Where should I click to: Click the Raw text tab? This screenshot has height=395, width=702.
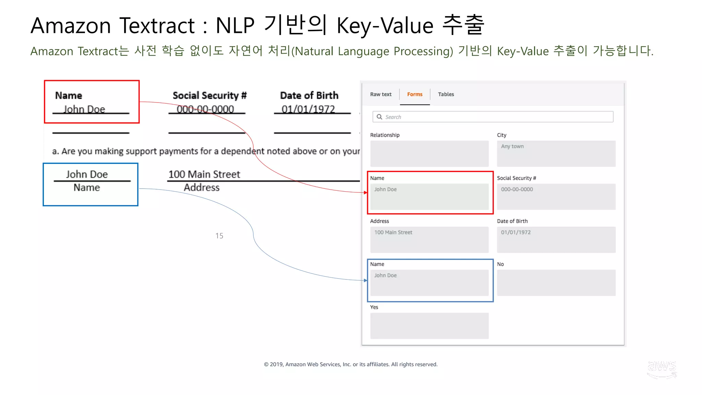click(380, 94)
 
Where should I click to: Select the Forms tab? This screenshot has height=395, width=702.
click(415, 94)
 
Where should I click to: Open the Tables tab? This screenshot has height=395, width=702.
click(446, 94)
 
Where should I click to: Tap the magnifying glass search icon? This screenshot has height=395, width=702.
click(379, 117)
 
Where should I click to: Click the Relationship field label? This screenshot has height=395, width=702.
click(385, 135)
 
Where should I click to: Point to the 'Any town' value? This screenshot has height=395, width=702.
click(512, 146)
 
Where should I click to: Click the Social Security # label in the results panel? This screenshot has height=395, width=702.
click(516, 178)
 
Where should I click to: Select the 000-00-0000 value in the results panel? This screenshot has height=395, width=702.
click(517, 189)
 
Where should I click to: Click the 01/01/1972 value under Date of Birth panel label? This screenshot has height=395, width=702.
click(516, 232)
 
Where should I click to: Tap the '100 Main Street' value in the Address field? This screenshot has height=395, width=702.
click(393, 232)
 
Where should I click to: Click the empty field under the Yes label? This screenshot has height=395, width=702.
click(429, 326)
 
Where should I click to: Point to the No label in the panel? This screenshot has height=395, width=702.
click(500, 264)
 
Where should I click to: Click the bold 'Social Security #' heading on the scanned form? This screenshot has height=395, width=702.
click(209, 95)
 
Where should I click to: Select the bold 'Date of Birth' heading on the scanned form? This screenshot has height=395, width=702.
click(309, 95)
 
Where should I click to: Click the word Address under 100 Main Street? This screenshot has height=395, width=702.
click(202, 188)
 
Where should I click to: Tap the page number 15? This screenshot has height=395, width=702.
click(219, 236)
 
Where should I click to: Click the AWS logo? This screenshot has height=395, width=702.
click(662, 369)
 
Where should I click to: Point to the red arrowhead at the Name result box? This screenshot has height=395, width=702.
click(365, 193)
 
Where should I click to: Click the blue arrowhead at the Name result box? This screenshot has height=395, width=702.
click(365, 280)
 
